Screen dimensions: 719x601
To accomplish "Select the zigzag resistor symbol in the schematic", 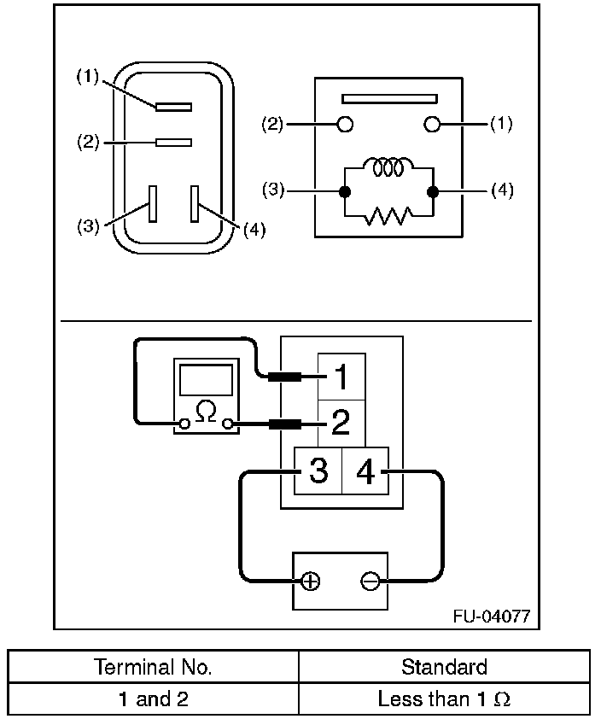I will (x=388, y=216).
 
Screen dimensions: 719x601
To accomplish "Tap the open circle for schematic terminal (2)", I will (x=346, y=125).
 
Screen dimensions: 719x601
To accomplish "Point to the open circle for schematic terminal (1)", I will (x=432, y=125).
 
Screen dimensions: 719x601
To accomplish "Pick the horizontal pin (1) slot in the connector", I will (x=174, y=107).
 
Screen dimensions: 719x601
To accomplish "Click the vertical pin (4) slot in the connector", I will (x=195, y=205).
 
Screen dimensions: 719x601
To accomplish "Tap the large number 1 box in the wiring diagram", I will (x=342, y=377).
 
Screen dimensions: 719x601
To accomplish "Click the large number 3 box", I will (x=318, y=471).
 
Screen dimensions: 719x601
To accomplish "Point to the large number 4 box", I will (x=365, y=471).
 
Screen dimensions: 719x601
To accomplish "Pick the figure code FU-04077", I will (x=497, y=616).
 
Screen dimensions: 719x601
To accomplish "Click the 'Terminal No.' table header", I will (x=154, y=666).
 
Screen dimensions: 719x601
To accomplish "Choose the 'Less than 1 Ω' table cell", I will (x=444, y=699).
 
